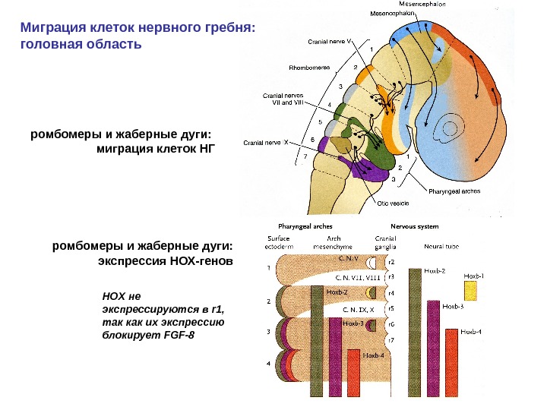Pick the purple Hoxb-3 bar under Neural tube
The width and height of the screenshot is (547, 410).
[433, 349]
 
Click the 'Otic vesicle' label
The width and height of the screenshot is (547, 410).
[394, 203]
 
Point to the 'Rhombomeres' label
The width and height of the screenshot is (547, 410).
[308, 68]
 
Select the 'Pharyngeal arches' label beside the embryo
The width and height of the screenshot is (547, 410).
[455, 191]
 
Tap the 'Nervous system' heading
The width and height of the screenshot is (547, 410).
[414, 225]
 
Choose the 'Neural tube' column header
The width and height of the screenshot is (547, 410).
[440, 246]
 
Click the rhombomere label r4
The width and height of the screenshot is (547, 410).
[390, 292]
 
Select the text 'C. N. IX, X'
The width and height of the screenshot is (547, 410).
[358, 309]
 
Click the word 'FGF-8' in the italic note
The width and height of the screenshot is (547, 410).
[180, 333]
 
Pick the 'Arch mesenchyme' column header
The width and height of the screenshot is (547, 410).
[331, 242]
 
